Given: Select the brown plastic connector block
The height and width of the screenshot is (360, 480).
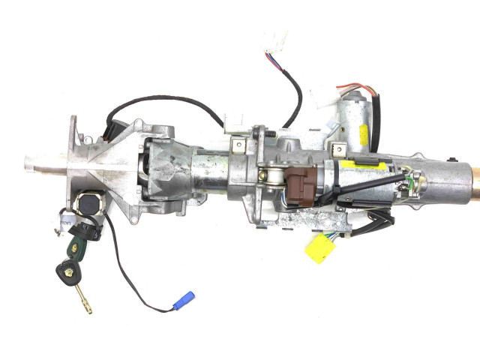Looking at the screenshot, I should [x=298, y=184].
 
